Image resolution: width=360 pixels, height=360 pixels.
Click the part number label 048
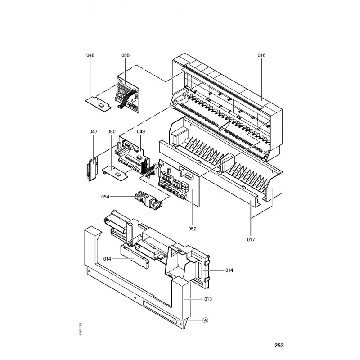pyautogui.click(x=90, y=55)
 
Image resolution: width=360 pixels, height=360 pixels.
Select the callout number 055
pyautogui.click(x=126, y=55)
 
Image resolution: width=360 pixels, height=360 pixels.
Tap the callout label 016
pyautogui.click(x=261, y=55)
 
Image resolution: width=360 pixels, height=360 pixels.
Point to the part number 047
pyautogui.click(x=93, y=131)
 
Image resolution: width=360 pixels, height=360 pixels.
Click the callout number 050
pyautogui.click(x=112, y=131)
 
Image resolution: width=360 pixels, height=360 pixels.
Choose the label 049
pyautogui.click(x=141, y=131)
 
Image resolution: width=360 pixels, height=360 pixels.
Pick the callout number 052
pyautogui.click(x=193, y=229)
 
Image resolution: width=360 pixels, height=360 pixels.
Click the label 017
pyautogui.click(x=251, y=240)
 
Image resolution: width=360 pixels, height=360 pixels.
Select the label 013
pyautogui.click(x=208, y=299)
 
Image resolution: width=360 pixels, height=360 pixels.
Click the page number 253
pyautogui.click(x=279, y=346)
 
